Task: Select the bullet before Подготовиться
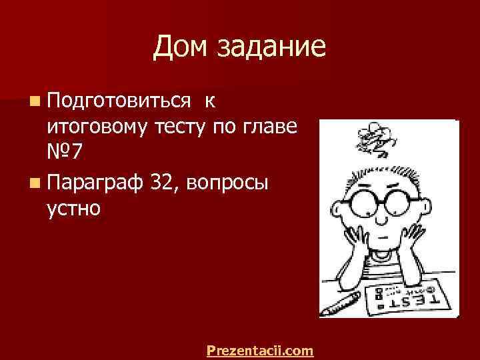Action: [x=34, y=102]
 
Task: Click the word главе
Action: [x=271, y=128]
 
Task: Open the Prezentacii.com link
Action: [x=260, y=349]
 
